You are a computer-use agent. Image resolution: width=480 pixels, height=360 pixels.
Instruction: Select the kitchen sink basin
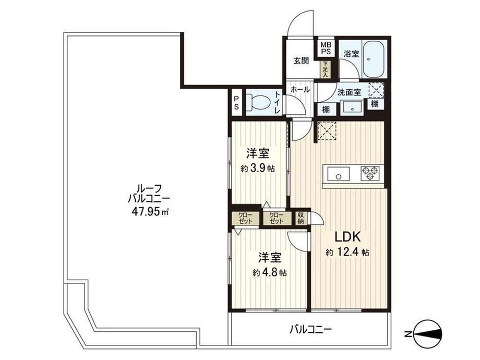(x=339, y=174)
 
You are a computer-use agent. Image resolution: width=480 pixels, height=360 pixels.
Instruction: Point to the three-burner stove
(x=370, y=173)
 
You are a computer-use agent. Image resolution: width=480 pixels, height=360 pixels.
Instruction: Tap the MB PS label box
(x=326, y=49)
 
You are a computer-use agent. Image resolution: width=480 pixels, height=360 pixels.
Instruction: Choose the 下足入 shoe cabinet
(x=325, y=69)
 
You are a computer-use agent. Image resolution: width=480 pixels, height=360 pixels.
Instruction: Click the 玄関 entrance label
(x=301, y=61)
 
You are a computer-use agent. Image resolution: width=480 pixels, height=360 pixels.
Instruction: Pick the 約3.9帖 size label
(x=257, y=168)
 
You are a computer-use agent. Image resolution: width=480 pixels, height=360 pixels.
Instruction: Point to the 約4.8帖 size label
(x=269, y=272)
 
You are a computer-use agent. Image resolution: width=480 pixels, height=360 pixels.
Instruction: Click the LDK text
(x=348, y=237)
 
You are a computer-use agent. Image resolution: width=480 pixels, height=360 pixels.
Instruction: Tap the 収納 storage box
(x=301, y=218)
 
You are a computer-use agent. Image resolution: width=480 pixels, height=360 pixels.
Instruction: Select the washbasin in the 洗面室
(x=352, y=108)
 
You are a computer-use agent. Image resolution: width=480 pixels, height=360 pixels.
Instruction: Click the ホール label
(x=299, y=90)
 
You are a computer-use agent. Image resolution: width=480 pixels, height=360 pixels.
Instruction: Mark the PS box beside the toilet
(x=237, y=102)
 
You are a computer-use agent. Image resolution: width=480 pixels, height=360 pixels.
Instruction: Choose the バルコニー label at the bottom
(x=311, y=330)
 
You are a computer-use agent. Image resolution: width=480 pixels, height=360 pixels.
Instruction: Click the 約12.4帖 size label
(x=347, y=252)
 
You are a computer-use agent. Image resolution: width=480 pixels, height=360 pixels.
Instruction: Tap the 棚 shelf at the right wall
(x=375, y=104)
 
